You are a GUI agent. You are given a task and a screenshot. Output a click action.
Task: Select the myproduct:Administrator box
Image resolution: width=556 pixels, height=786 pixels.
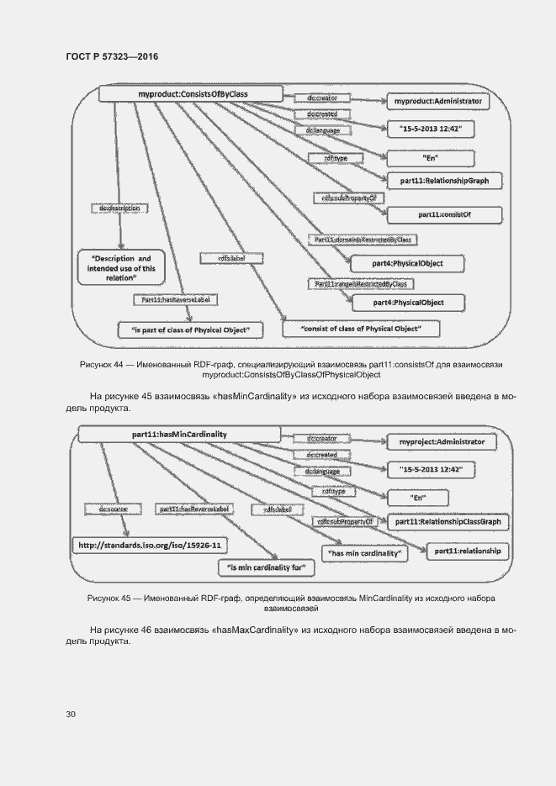point(437,101)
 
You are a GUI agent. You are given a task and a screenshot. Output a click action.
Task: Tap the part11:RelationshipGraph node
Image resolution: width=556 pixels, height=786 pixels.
point(444,180)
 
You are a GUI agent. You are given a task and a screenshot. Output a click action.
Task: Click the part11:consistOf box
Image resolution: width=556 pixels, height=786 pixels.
point(444,214)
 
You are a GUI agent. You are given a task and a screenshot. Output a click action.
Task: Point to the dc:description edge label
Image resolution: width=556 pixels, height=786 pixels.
point(119,207)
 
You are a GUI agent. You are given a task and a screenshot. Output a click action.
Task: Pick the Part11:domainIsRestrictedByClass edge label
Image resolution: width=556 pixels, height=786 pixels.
point(363,240)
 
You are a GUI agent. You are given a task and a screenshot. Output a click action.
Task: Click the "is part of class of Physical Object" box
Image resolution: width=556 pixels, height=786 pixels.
point(191,330)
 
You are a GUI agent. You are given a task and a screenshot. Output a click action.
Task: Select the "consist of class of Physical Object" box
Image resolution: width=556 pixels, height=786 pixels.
point(349,327)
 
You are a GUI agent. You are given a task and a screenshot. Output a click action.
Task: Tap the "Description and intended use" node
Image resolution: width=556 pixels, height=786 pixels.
point(121,265)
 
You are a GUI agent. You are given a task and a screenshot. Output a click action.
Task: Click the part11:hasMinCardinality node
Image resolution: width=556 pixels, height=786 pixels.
point(180,434)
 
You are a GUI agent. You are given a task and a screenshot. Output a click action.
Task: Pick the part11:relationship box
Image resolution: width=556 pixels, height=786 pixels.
point(467,551)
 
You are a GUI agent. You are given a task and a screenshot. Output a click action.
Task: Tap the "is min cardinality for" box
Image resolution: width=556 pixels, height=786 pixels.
point(266,568)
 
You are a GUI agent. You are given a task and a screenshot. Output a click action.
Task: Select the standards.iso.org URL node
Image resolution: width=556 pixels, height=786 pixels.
point(150,546)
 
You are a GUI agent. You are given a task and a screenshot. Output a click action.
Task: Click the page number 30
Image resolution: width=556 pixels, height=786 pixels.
point(71,715)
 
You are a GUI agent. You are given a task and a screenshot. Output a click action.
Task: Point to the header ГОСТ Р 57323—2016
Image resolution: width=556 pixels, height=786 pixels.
point(111,56)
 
